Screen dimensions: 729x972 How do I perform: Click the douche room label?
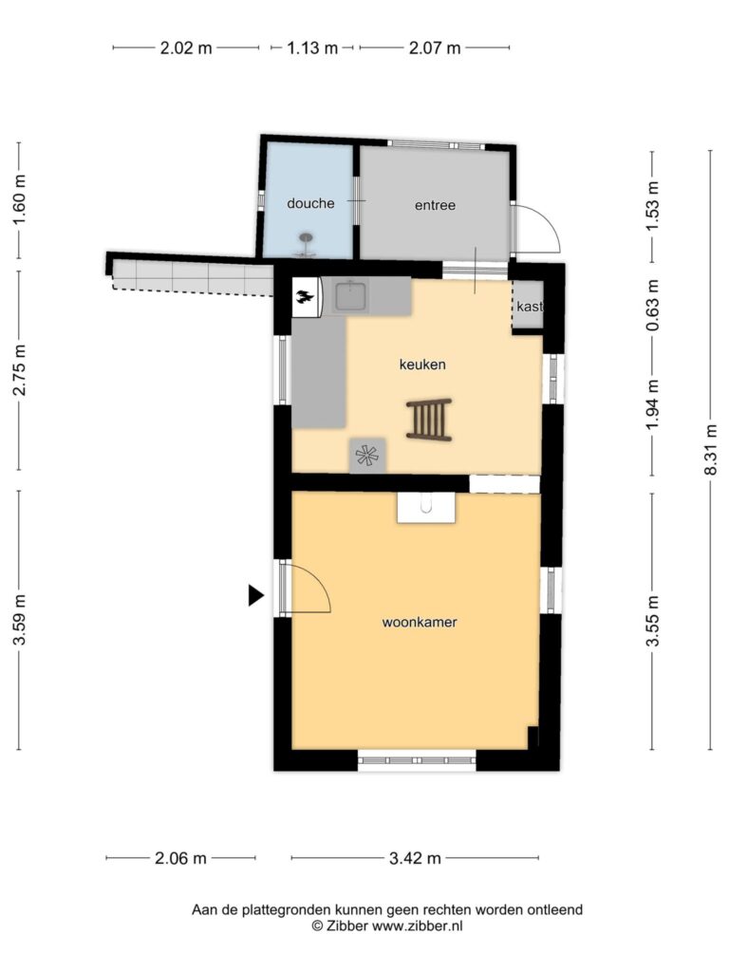click(310, 203)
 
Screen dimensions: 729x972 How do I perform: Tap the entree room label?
click(435, 205)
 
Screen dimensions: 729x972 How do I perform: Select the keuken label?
click(422, 364)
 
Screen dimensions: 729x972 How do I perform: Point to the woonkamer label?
click(420, 622)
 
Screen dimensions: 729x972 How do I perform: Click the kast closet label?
click(530, 307)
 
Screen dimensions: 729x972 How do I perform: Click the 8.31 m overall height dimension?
click(711, 449)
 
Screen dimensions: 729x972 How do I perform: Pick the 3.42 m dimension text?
click(415, 858)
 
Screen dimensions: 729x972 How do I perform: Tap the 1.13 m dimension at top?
click(312, 47)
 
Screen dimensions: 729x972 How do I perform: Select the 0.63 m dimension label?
click(652, 305)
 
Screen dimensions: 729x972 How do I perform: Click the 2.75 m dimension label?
click(20, 369)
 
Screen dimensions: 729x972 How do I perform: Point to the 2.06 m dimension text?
click(180, 858)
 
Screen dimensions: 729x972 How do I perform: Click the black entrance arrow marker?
click(256, 595)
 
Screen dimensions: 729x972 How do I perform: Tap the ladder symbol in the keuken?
click(429, 420)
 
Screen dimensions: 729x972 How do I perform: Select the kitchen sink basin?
click(352, 296)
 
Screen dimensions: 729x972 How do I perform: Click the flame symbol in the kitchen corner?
click(307, 297)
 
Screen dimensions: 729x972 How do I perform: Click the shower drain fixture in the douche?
click(306, 245)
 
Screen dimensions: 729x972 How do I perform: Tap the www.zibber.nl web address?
click(418, 926)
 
